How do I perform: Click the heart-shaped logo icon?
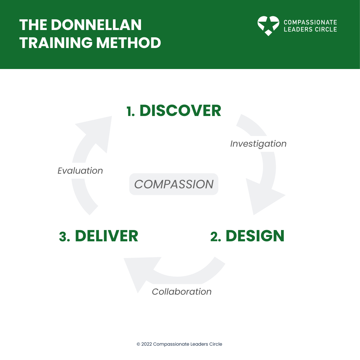(x=268, y=26)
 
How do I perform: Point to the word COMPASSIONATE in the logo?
(x=310, y=23)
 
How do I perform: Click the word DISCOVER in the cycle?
(x=180, y=111)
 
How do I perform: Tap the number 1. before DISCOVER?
(x=131, y=111)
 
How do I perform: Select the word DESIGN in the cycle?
(x=255, y=236)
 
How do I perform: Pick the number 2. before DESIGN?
(x=217, y=236)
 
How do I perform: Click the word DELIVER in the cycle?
(x=106, y=236)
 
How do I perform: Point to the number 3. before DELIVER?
(x=64, y=236)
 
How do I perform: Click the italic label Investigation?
(x=258, y=144)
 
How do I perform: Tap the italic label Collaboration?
(x=182, y=292)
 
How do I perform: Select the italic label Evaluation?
(x=80, y=171)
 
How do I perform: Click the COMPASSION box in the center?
(x=174, y=184)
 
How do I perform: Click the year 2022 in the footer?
(x=146, y=344)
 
